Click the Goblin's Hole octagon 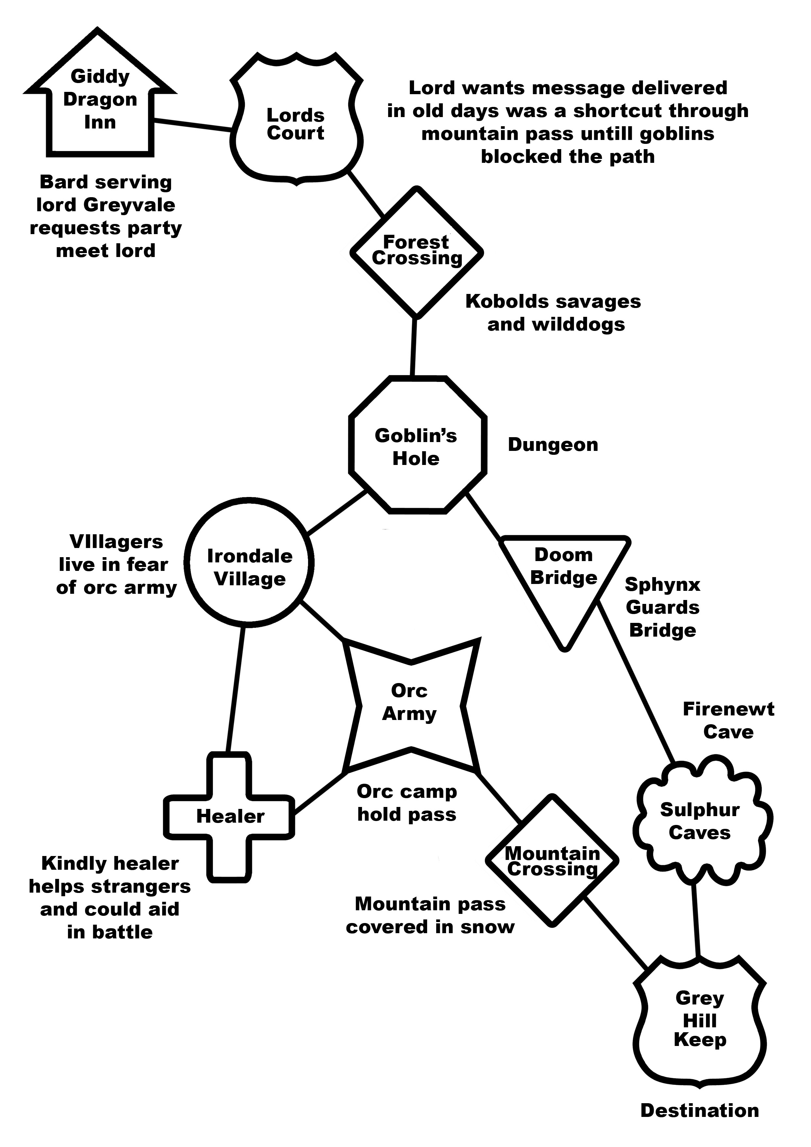(417, 446)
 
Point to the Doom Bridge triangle (564, 574)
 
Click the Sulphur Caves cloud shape (699, 822)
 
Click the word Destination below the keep (699, 1110)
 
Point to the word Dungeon (553, 445)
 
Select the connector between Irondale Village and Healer (236, 689)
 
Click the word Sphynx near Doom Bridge (662, 585)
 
